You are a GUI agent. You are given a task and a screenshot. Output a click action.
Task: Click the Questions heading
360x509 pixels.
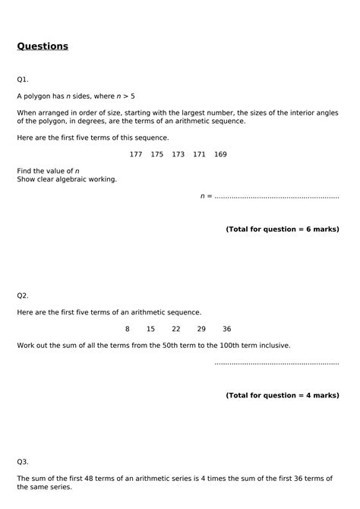coord(43,46)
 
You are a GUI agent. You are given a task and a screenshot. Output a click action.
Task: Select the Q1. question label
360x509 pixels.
coord(23,79)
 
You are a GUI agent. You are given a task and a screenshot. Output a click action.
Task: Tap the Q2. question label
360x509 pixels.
coord(23,295)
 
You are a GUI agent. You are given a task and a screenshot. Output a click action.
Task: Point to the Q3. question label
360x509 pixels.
coord(23,461)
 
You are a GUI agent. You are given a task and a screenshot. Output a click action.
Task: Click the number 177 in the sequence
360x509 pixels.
coord(136,154)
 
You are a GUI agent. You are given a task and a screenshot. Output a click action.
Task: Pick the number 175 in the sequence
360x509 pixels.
coord(157,154)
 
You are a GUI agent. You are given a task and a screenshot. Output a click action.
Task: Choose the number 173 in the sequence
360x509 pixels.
coord(178,154)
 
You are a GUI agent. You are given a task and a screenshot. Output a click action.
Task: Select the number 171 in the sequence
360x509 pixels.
coord(199,154)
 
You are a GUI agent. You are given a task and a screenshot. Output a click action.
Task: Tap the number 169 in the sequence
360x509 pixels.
coord(220,154)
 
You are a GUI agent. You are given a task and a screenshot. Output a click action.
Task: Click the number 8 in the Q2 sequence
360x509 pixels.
coord(128,329)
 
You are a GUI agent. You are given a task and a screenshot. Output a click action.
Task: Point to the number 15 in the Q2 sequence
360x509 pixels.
coord(150,329)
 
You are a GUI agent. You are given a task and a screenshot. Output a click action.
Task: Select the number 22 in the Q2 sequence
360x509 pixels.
coord(176,329)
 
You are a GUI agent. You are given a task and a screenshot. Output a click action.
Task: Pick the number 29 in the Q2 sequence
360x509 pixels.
coord(201,329)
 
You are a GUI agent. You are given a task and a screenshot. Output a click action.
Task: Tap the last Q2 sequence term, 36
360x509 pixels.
coord(226,329)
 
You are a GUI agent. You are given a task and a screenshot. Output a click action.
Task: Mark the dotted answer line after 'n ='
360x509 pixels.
coord(276,197)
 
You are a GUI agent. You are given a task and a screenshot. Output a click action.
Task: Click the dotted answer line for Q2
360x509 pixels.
coord(276,363)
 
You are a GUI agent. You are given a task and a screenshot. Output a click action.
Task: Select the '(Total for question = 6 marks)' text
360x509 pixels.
coord(282,229)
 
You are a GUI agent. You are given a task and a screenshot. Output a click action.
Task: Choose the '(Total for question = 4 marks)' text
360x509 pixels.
coord(282,395)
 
